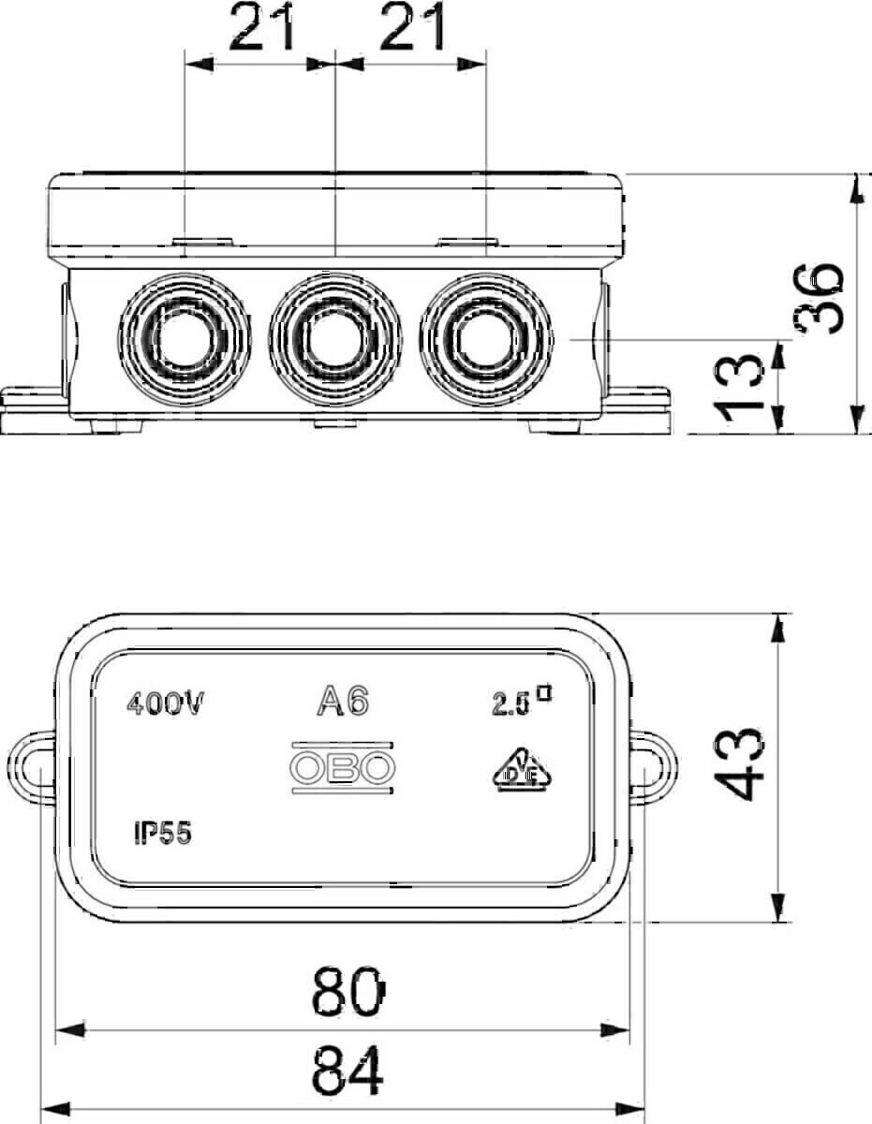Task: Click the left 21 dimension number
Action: (261, 26)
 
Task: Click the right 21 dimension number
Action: (412, 26)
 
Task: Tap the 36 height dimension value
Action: (818, 299)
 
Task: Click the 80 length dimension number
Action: (348, 991)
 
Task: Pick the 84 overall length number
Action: (347, 1070)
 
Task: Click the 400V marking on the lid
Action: (166, 704)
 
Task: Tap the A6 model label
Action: (343, 701)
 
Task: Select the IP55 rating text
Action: (163, 834)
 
